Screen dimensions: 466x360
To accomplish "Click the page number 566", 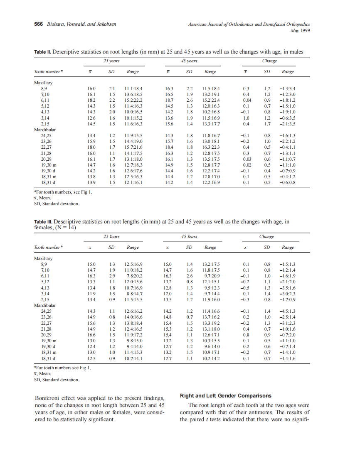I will (x=38, y=24).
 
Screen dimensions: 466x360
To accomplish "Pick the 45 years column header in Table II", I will (x=189, y=61).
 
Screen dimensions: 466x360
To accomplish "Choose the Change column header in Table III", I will (x=266, y=236).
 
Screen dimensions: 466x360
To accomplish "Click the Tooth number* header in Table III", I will (x=48, y=247).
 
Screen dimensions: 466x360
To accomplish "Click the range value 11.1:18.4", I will (x=133, y=89).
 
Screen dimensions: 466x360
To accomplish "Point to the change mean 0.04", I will (x=247, y=101).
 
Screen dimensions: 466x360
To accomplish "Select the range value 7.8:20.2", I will (x=134, y=276).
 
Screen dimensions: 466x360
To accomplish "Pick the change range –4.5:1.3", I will (x=287, y=311).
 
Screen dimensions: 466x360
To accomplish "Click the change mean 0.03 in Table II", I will (x=247, y=159).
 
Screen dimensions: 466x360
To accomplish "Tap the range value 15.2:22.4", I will (x=211, y=101).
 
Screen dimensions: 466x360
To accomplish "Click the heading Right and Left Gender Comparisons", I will (x=225, y=395).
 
